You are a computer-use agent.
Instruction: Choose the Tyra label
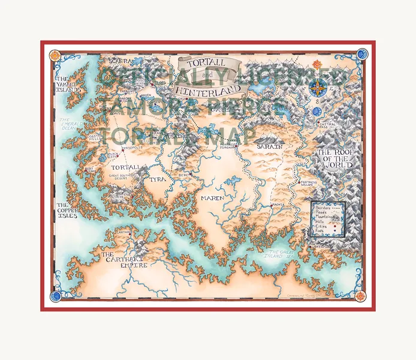(158, 179)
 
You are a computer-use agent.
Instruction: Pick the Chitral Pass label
(331, 125)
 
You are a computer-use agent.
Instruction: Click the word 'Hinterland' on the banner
(209, 91)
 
